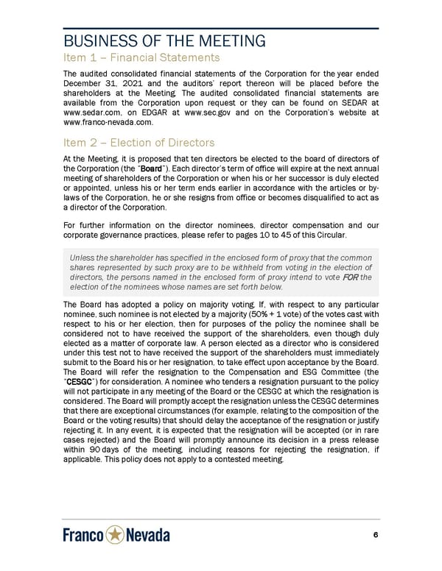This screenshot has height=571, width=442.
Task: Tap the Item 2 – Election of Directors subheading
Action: (139, 143)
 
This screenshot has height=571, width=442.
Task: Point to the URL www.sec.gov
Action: (211, 113)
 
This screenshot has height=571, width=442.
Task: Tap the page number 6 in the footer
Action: (376, 536)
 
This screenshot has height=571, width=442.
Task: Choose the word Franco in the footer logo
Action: (83, 536)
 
